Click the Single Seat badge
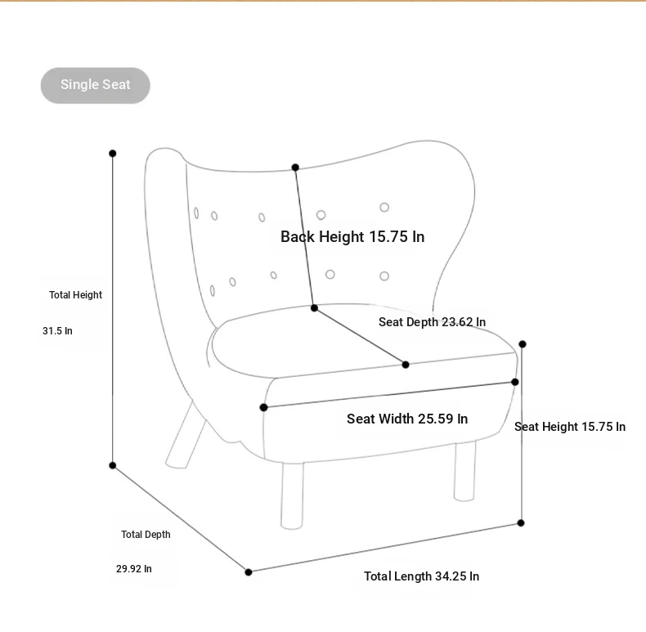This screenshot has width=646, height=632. (95, 85)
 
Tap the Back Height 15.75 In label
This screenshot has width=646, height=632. (352, 237)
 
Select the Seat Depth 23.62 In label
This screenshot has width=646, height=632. (433, 322)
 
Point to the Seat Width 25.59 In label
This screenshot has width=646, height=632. (407, 419)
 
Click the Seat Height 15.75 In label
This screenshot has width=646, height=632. (570, 427)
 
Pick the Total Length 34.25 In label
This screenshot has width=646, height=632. (421, 576)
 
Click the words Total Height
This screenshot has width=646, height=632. (75, 295)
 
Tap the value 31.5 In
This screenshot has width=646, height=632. (57, 331)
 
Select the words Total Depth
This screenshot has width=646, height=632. (146, 535)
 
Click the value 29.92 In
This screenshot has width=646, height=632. (134, 569)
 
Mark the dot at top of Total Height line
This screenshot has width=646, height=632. (113, 153)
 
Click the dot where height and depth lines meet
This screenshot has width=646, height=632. (113, 465)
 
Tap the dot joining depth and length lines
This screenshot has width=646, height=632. (249, 572)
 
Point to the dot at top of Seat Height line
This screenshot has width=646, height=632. (523, 344)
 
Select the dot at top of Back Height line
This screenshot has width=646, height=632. (295, 168)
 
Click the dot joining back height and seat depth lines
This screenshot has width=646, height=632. (314, 307)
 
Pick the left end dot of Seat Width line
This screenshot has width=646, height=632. (263, 407)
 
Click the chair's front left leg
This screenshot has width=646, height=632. (292, 495)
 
